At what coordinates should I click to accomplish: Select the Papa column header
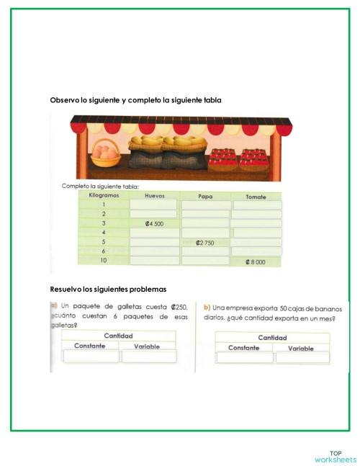pyautogui.click(x=205, y=195)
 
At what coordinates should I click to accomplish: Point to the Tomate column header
pyautogui.click(x=256, y=195)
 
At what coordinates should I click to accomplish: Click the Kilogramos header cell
pyautogui.click(x=103, y=195)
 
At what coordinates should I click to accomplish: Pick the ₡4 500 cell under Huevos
pyautogui.click(x=153, y=224)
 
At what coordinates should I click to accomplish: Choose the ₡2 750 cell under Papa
pyautogui.click(x=205, y=243)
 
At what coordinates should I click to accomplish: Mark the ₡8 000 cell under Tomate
pyautogui.click(x=257, y=262)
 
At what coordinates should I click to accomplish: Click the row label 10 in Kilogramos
pyautogui.click(x=103, y=260)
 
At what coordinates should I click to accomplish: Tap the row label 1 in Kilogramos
pyautogui.click(x=103, y=205)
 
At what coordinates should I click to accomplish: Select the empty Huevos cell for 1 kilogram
pyautogui.click(x=153, y=205)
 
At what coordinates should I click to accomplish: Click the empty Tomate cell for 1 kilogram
pyautogui.click(x=257, y=205)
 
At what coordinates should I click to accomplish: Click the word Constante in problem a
pyautogui.click(x=90, y=346)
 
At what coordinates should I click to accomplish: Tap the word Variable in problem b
pyautogui.click(x=301, y=348)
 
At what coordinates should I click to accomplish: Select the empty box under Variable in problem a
pyautogui.click(x=148, y=357)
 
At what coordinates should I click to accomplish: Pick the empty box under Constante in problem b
pyautogui.click(x=244, y=357)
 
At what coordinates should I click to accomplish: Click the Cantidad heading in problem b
pyautogui.click(x=272, y=337)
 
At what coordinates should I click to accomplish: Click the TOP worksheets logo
pyautogui.click(x=336, y=457)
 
